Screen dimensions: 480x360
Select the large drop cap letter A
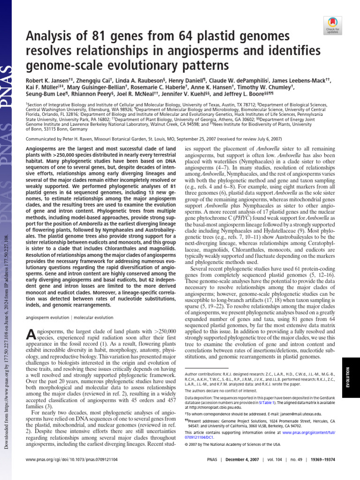pos(29,335)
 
